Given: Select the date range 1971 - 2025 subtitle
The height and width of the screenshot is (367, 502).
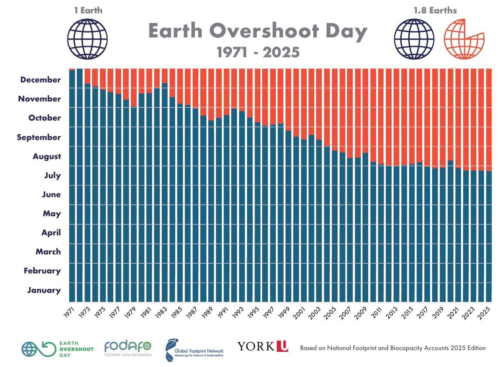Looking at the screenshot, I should tap(258, 53).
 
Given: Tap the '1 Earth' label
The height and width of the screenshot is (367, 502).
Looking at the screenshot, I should tap(88, 10).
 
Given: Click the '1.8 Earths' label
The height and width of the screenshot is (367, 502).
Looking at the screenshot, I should tap(435, 10).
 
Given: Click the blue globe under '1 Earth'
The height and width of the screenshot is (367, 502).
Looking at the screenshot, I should tap(87, 39).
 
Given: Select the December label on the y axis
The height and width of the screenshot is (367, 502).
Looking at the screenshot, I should tap(41, 80).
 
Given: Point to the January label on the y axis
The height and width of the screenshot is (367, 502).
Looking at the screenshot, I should tap(44, 290).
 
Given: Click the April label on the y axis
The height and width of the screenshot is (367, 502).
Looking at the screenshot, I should tap(51, 233).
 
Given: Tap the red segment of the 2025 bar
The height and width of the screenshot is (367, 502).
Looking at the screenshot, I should tap(489, 118).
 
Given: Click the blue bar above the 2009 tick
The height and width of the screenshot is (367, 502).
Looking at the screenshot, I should tap(365, 227).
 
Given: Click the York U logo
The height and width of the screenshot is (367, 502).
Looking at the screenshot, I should tap(263, 347).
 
